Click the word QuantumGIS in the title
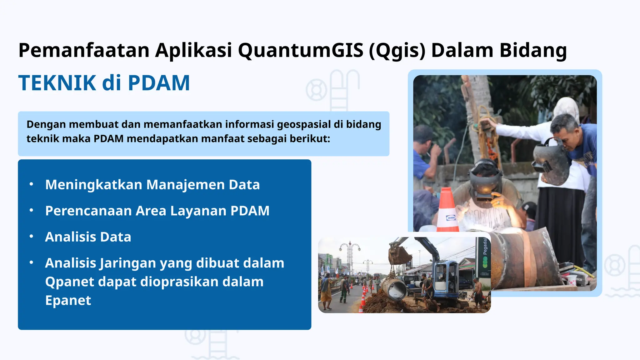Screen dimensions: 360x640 301,50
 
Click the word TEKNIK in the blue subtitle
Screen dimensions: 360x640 57,83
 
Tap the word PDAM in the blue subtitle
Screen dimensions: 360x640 159,83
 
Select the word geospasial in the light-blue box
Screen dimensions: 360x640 304,124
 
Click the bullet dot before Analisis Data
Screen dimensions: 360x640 31,237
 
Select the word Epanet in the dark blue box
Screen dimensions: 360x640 68,301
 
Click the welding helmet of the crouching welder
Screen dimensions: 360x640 484,181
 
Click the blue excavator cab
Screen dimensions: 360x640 445,275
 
